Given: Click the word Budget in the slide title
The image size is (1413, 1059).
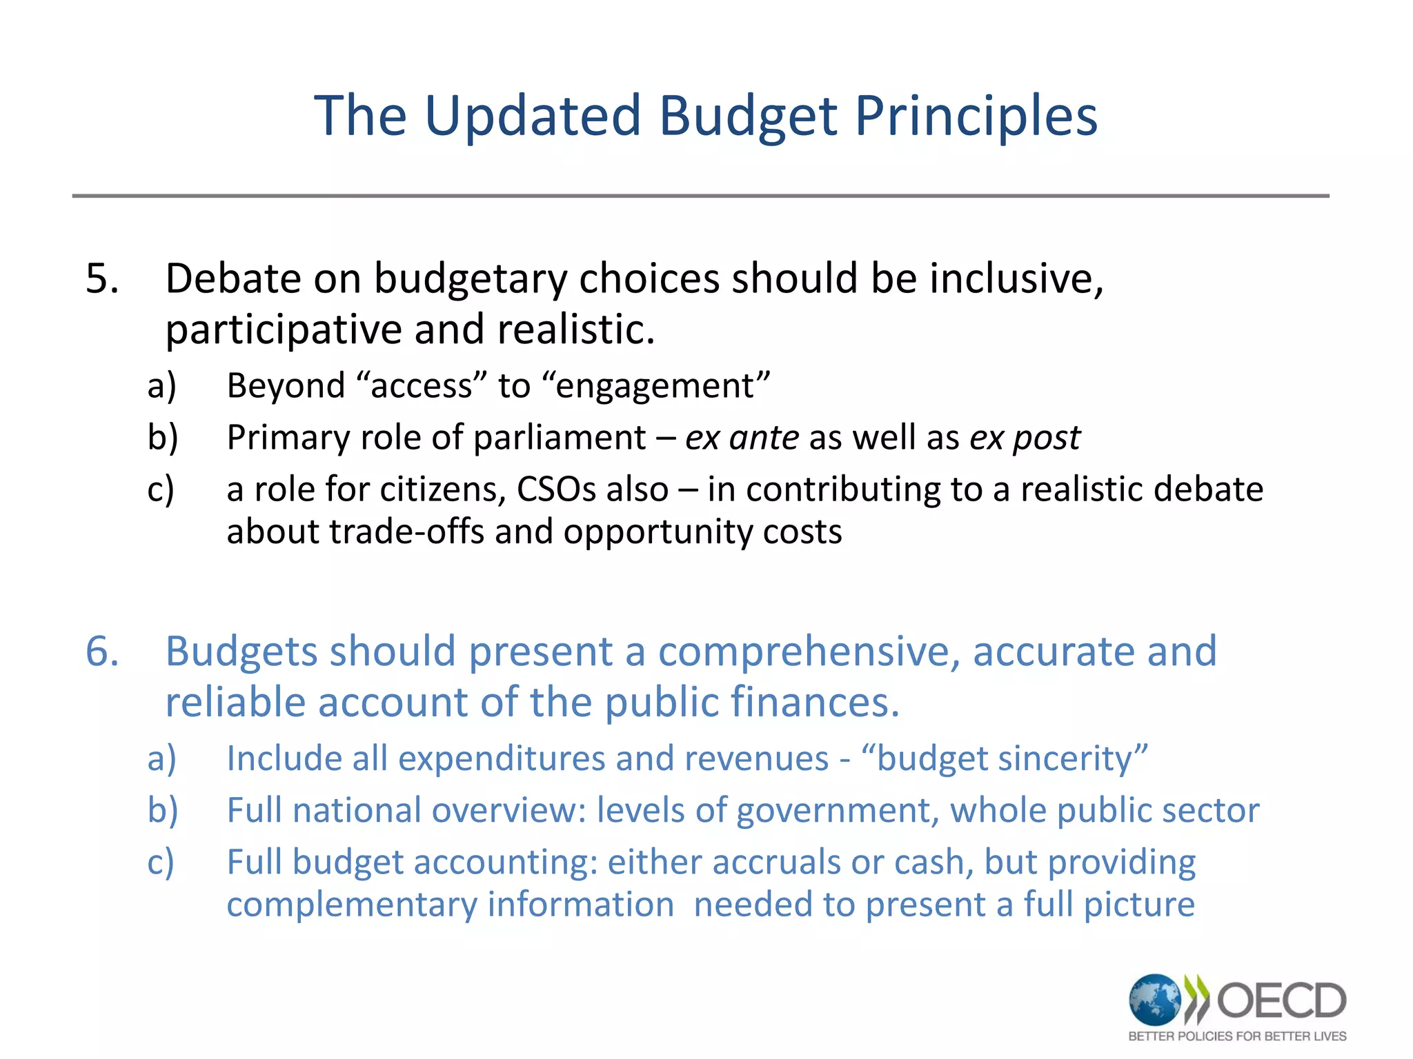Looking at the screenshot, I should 748,116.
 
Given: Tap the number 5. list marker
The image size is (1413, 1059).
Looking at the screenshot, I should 102,279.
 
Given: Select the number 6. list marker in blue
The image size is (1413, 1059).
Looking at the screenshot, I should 102,652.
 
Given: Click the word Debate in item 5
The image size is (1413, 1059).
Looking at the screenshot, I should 233,279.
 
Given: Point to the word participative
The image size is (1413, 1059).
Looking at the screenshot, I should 283,330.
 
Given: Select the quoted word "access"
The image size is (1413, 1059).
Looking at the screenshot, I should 422,385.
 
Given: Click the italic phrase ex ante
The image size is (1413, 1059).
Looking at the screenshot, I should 742,438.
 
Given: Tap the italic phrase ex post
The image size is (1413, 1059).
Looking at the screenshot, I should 1025,438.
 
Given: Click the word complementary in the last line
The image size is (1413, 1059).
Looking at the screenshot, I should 352,905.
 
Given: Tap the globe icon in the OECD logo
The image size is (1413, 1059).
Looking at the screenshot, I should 1154,999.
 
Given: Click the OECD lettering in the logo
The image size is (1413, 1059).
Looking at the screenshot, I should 1281,1000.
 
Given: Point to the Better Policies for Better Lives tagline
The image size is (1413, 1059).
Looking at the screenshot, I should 1237,1036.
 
